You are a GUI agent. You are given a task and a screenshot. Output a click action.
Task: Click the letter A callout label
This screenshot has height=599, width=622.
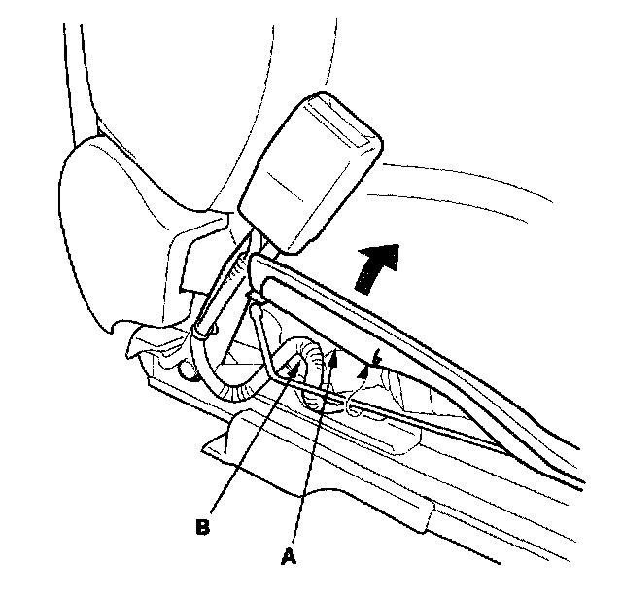(287, 557)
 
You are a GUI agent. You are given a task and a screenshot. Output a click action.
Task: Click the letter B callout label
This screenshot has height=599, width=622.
(202, 526)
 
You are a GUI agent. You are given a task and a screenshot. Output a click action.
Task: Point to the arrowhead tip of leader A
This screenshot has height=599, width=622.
(332, 356)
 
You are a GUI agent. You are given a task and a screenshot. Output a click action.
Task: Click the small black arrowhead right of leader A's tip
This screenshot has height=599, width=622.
(367, 367)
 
